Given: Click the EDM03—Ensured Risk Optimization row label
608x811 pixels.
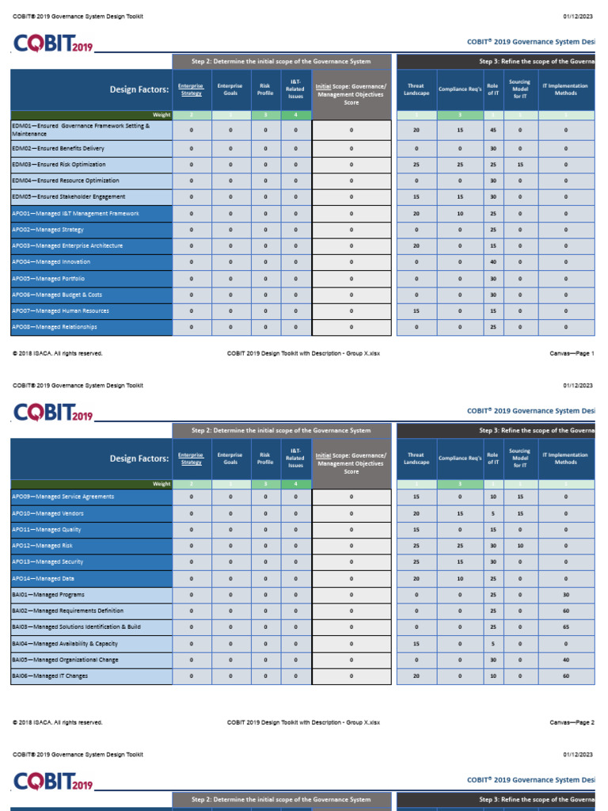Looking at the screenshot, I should tap(59, 165).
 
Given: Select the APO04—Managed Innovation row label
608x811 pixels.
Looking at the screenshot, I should tap(51, 262).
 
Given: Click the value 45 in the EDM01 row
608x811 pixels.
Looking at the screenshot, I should tap(493, 130).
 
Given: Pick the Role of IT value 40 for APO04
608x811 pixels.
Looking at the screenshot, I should tap(493, 262).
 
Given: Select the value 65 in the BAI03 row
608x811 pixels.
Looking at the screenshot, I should tap(566, 627).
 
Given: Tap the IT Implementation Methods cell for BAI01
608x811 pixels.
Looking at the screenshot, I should tap(566, 595).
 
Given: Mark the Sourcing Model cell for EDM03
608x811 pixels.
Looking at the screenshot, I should tap(520, 165).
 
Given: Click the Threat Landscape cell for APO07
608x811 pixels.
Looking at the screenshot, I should tap(416, 311).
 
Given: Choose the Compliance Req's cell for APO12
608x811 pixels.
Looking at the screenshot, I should tap(460, 546).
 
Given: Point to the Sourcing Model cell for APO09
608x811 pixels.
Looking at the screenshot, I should tap(520, 497).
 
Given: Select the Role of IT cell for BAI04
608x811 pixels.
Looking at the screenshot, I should tap(493, 644).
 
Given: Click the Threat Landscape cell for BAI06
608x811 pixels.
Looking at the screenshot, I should tap(416, 676).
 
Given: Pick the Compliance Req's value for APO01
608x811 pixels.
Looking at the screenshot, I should tap(460, 214).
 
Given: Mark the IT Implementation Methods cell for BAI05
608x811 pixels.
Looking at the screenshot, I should tap(566, 660).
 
